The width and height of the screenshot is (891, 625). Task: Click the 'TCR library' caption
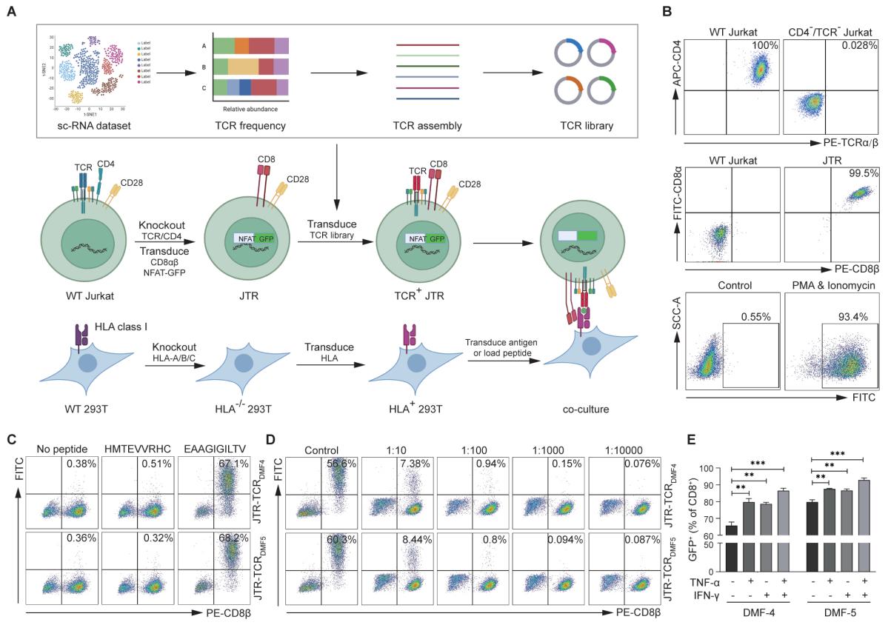[588, 126]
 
